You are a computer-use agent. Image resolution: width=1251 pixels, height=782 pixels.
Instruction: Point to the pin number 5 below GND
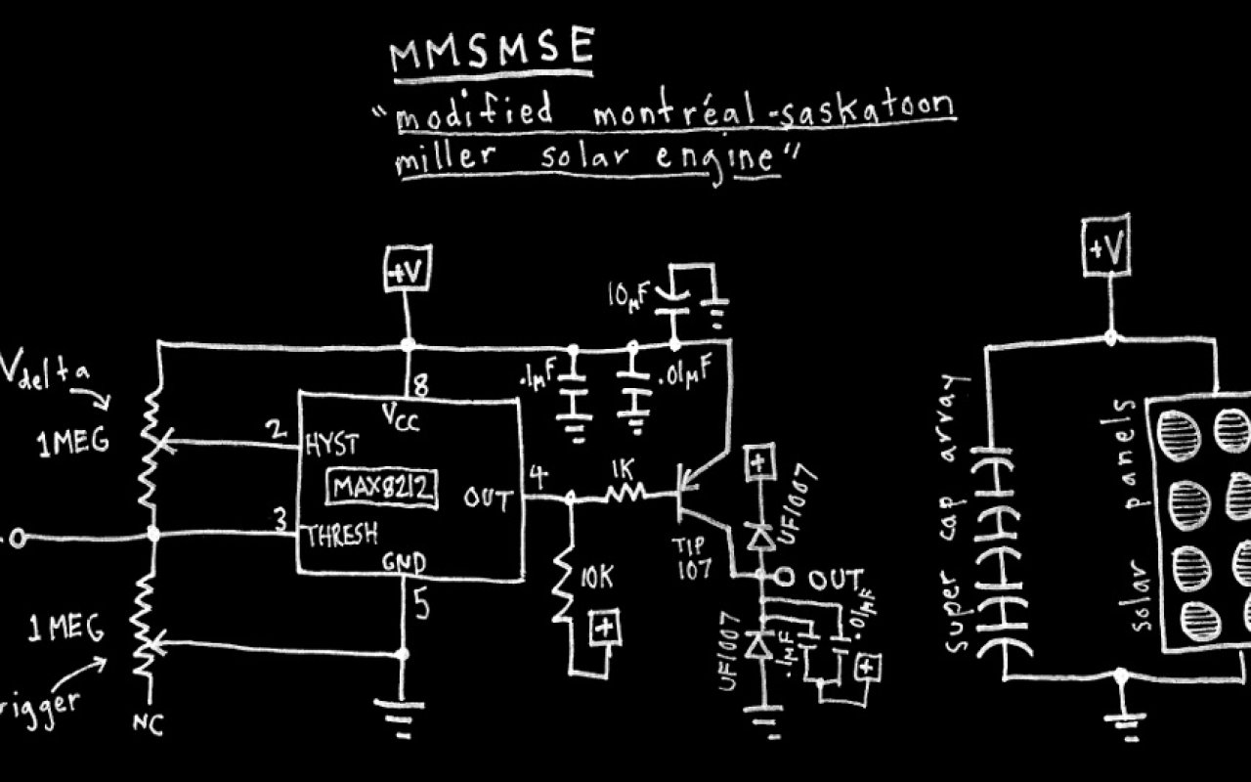pos(421,607)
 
